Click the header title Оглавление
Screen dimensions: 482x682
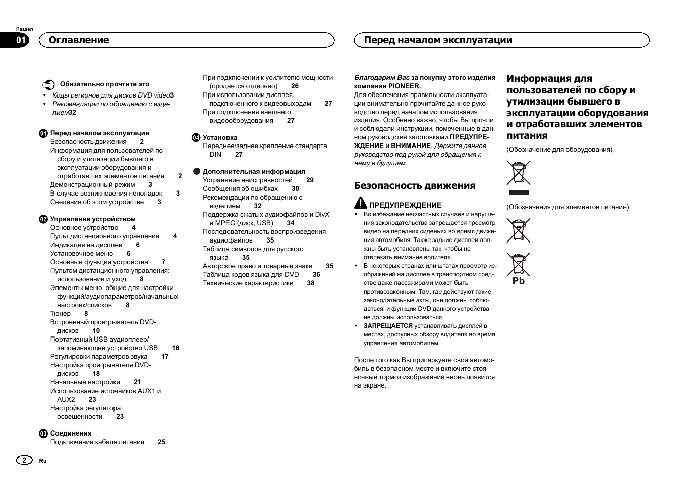coord(79,40)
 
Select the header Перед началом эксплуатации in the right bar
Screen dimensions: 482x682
coord(438,40)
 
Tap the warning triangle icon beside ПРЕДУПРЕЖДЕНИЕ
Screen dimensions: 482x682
coord(360,203)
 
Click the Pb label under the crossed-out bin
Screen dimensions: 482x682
coord(519,281)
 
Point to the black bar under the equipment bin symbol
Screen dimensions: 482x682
coord(519,192)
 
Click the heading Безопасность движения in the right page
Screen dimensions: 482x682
coord(415,185)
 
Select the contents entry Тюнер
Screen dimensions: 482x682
coord(61,313)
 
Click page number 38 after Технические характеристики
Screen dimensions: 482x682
coord(311,283)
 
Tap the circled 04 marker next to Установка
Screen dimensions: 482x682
coord(196,137)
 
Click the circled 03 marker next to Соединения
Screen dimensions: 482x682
coord(43,433)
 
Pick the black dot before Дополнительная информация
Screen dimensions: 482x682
coord(197,171)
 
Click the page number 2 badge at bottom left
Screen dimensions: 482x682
coord(23,460)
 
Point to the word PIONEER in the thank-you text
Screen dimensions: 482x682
coord(404,86)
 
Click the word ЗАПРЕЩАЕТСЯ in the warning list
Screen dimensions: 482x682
coord(388,326)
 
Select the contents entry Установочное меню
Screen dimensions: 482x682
coord(82,253)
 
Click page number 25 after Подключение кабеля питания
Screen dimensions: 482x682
coord(161,442)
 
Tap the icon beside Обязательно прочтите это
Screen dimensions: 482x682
coord(48,84)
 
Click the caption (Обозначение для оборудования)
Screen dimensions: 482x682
coord(559,150)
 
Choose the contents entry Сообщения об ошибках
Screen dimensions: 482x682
coord(240,188)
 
